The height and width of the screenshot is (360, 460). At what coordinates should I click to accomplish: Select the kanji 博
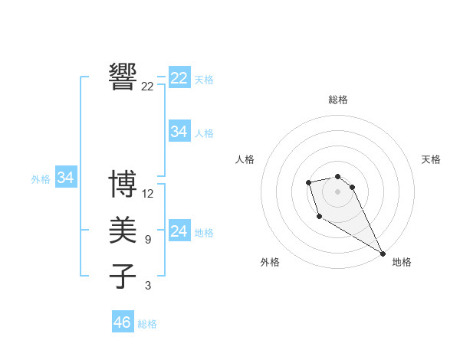pyautogui.click(x=123, y=184)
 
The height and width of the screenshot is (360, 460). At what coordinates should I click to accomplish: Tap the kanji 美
pyautogui.click(x=123, y=231)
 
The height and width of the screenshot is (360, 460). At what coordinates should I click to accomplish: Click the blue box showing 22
pyautogui.click(x=179, y=78)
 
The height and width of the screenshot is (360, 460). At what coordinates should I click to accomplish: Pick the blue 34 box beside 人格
pyautogui.click(x=179, y=132)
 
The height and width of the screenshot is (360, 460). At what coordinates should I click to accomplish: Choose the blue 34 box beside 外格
pyautogui.click(x=66, y=178)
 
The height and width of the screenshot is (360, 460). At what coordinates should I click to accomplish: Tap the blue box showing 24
pyautogui.click(x=179, y=231)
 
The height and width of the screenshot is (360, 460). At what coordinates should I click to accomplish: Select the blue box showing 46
pyautogui.click(x=123, y=322)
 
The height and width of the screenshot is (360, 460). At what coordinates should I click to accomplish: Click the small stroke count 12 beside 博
pyautogui.click(x=148, y=194)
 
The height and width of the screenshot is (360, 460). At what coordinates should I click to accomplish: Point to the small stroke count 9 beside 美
pyautogui.click(x=148, y=240)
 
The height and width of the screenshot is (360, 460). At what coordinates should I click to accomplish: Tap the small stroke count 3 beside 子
pyautogui.click(x=148, y=286)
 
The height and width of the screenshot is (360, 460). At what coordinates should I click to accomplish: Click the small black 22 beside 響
pyautogui.click(x=148, y=87)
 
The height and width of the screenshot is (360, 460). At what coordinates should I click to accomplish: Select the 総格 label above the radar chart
pyautogui.click(x=338, y=100)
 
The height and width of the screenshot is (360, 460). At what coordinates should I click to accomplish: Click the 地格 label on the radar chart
pyautogui.click(x=402, y=262)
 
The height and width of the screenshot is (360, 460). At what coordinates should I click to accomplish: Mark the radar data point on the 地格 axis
pyautogui.click(x=383, y=254)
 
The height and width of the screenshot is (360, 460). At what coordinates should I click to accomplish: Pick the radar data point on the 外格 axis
pyautogui.click(x=319, y=217)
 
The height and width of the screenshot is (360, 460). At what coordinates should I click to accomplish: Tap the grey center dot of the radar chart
pyautogui.click(x=338, y=191)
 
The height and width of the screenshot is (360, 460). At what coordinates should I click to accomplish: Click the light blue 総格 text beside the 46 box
pyautogui.click(x=147, y=324)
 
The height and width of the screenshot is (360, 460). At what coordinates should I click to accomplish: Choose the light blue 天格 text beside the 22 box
pyautogui.click(x=204, y=80)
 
